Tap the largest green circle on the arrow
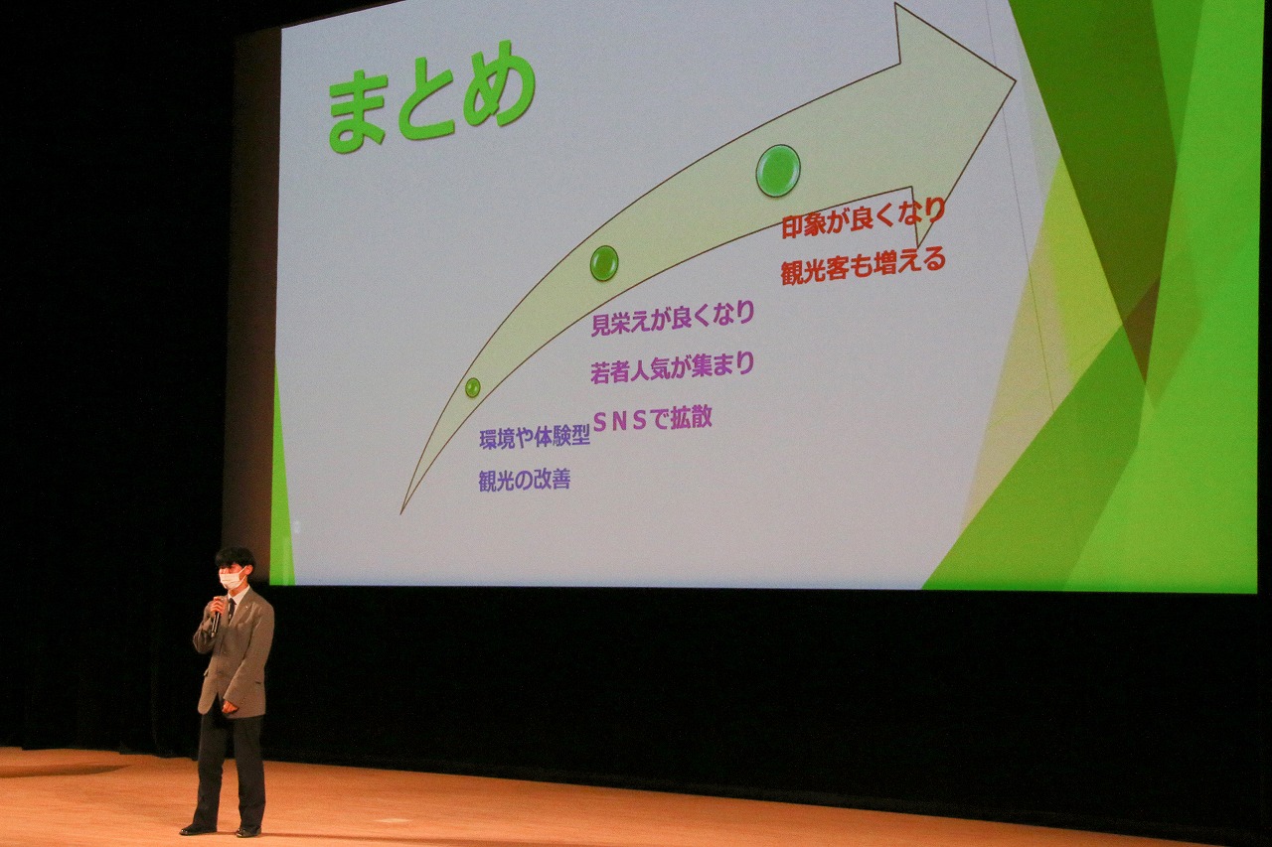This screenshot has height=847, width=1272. click(778, 171)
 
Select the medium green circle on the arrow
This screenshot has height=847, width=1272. click(603, 263)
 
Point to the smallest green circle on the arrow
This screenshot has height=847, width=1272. click(472, 387)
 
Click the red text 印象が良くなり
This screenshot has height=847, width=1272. click(864, 217)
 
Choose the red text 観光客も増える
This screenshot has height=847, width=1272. click(864, 265)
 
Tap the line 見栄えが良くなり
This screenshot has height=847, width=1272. click(673, 319)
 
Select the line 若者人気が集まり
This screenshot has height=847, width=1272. click(673, 367)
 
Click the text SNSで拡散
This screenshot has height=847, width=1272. click(652, 419)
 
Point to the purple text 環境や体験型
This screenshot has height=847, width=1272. click(535, 438)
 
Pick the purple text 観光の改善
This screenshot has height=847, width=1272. click(525, 481)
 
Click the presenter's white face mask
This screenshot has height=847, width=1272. click(232, 580)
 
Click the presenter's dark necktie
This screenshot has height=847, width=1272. click(231, 610)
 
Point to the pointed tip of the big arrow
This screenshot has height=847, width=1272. click(1016, 80)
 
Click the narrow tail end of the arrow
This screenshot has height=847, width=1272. click(401, 512)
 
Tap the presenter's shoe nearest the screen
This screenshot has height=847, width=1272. click(248, 832)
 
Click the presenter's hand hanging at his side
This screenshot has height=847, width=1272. click(229, 707)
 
